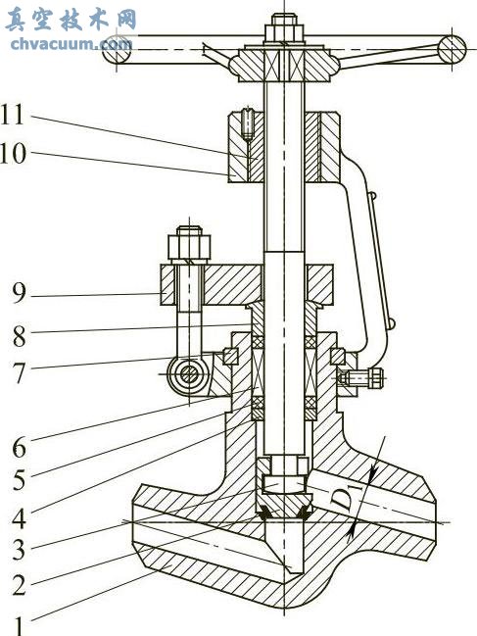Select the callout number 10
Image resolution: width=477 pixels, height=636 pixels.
pos(13,154)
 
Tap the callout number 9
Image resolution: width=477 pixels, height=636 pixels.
pos(19,293)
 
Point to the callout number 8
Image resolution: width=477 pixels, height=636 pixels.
pos(19,335)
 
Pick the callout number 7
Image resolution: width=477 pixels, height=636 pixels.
pos(19,372)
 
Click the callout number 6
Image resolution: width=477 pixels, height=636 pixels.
pos(19,447)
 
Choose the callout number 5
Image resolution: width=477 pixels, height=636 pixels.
pos(19,480)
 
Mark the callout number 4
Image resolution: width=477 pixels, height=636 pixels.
pos(19,518)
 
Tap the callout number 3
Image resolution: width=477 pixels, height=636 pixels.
pos(19,550)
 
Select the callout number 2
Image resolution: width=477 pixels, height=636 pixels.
pos(19,584)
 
